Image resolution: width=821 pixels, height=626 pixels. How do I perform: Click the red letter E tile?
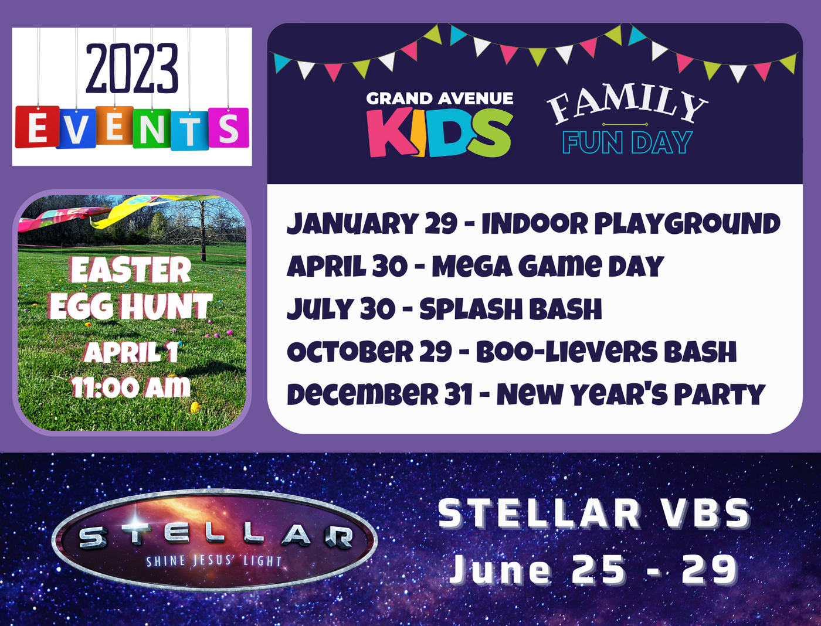coord(37,127)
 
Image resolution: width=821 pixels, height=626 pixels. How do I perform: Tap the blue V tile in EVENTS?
coord(76,128)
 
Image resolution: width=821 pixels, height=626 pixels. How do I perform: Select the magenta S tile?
coord(229,127)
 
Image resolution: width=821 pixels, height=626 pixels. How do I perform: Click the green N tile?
coord(151,128)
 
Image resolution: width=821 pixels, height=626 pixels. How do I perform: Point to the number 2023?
coord(132,69)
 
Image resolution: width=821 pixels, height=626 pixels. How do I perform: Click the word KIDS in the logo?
coord(440,132)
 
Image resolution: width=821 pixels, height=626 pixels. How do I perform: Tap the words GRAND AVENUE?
coord(439,98)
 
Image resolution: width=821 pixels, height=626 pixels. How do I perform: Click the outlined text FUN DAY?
coord(627,142)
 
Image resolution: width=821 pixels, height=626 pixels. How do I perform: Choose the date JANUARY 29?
coord(372,223)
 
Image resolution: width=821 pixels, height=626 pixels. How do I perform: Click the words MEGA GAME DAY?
coord(548,266)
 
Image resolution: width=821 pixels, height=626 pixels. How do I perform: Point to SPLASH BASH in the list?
coord(510,309)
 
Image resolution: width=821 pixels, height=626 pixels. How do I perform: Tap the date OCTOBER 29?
coord(369,352)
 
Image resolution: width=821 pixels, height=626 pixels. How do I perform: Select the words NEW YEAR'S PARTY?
coord(630,394)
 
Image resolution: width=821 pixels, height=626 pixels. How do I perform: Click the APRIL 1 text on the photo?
coord(131,352)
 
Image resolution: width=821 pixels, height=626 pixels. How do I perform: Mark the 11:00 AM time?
coord(131,387)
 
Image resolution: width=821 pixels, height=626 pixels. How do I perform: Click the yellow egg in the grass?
coord(195,407)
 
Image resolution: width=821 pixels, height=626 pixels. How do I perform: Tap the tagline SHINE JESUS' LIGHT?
coord(214,561)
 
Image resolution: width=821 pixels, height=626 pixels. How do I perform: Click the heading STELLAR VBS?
coord(594,514)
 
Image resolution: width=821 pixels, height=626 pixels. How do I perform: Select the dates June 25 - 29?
coord(594,570)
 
